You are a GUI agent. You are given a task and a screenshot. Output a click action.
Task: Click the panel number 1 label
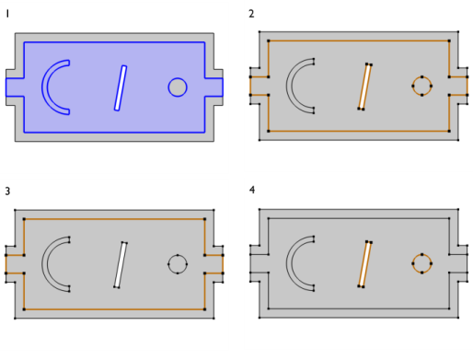click(7, 14)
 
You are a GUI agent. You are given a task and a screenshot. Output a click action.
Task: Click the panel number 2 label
click(251, 14)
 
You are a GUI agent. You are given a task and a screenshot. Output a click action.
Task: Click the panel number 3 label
click(7, 192)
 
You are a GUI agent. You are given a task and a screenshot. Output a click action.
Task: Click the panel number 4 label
click(252, 190)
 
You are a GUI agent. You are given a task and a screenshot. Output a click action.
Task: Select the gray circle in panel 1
click(178, 87)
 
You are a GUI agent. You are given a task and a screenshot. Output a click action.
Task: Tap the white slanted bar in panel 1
click(121, 87)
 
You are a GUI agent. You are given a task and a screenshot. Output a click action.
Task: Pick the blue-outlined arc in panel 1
click(45, 87)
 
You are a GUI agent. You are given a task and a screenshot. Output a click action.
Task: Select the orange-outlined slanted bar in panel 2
click(364, 87)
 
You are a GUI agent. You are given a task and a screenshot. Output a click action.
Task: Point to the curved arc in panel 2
click(289, 86)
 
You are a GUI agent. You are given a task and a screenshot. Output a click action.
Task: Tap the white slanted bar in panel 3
click(121, 265)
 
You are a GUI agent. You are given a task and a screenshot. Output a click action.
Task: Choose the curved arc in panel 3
click(45, 264)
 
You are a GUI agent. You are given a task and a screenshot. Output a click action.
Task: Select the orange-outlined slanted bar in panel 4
click(364, 264)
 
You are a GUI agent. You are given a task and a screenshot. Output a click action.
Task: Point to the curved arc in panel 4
click(289, 263)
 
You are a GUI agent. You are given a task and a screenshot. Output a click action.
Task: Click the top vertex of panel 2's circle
click(421, 76)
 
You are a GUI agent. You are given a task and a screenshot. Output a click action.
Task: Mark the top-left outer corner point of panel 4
click(260, 209)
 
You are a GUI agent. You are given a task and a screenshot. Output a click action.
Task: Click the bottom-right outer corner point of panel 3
click(213, 319)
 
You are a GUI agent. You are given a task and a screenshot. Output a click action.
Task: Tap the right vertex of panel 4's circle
click(432, 263)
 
